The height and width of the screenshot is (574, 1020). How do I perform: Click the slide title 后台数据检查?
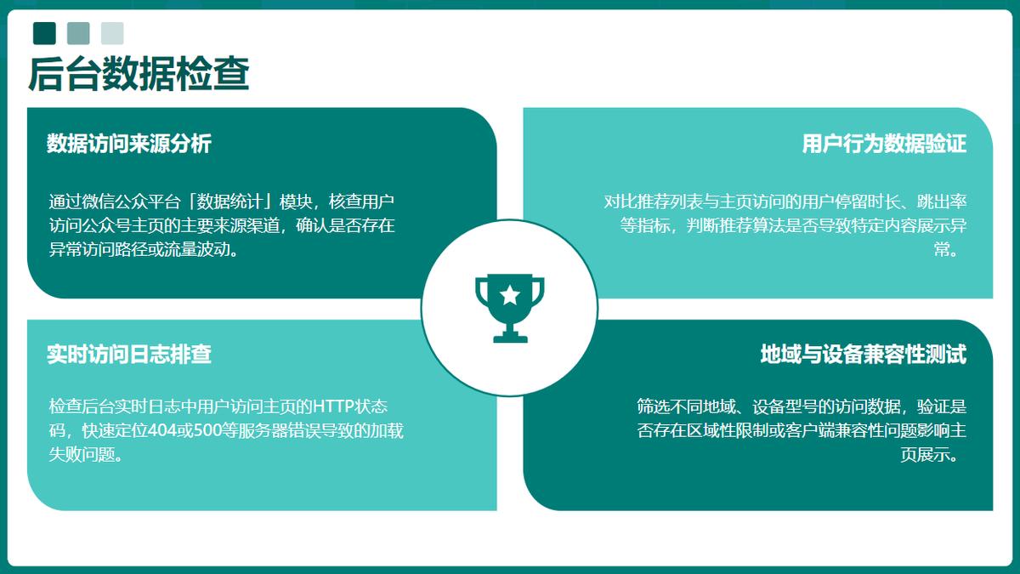coord(139,74)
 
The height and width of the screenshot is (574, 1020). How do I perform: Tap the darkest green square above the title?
coord(44,33)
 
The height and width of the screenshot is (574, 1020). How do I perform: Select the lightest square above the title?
coord(112,33)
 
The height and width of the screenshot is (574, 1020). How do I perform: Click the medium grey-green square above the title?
coord(78,33)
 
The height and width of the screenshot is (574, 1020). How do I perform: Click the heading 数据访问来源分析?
coord(129,144)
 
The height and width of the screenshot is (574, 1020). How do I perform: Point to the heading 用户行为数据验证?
coord(884,144)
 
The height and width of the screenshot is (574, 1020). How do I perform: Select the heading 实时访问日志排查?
coord(129,354)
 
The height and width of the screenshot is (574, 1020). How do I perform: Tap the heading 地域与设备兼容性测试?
coord(864,354)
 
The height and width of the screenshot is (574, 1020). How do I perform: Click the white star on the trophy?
coord(509,295)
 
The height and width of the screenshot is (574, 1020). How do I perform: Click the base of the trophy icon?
coord(511,338)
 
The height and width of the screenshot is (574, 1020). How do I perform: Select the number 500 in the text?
coord(207,430)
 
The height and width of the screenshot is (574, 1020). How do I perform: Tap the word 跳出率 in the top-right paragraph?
coord(942,202)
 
